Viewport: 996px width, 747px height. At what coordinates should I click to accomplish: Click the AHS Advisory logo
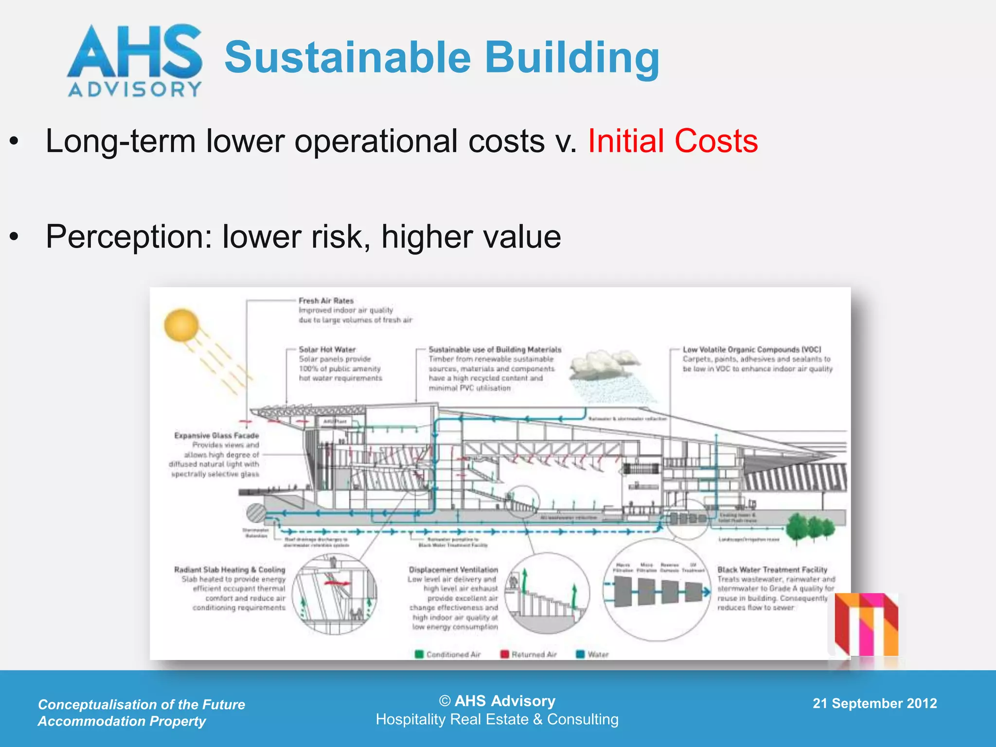point(135,60)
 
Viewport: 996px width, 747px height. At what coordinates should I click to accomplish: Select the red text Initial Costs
point(673,142)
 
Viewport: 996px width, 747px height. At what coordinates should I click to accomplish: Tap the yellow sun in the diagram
point(181,325)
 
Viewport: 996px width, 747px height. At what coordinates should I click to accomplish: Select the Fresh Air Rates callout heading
point(326,301)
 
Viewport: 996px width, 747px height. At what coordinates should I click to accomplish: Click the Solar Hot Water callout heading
point(327,350)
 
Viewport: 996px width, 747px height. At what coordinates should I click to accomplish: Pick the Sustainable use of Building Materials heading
point(495,350)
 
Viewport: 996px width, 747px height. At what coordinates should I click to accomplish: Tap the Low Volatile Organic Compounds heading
point(752,350)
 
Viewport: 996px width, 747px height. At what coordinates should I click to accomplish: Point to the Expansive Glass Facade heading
point(216,436)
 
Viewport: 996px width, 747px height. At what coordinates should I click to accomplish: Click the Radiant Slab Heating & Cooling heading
point(230,569)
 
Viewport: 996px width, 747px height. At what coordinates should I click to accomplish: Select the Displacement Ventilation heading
point(453,569)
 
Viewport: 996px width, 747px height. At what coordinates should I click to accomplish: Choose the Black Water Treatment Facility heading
point(772,569)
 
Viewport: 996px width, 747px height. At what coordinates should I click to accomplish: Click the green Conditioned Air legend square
point(419,654)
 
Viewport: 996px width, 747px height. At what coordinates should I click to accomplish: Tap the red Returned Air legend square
point(505,654)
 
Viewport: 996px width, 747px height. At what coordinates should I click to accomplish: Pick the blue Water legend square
point(580,654)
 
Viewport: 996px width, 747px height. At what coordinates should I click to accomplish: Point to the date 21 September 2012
point(874,703)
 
